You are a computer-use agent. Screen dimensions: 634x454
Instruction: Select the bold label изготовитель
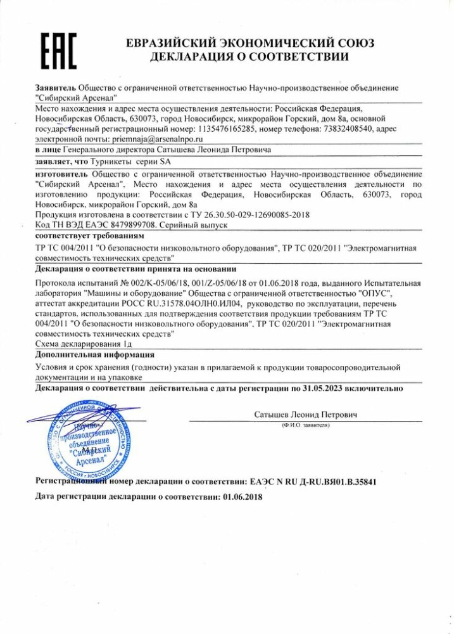click(x=61, y=174)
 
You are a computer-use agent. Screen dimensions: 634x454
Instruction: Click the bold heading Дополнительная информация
click(x=94, y=354)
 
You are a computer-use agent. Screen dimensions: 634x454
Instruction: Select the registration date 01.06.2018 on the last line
click(x=243, y=498)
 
